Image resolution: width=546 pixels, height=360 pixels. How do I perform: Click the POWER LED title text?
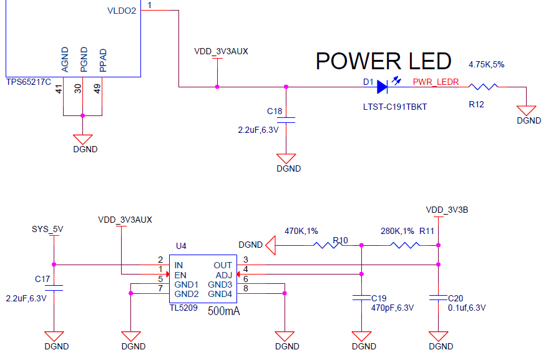coord(383,61)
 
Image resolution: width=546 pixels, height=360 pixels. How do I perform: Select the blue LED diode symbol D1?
coord(383,87)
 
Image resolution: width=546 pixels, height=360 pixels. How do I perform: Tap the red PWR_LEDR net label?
coord(436,81)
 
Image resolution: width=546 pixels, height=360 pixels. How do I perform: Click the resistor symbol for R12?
coord(484,87)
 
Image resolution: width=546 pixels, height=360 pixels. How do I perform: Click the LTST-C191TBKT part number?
coord(394,107)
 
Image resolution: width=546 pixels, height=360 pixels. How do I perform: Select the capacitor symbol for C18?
coord(286,119)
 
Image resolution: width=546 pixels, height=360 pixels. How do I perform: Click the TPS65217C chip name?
coord(28,82)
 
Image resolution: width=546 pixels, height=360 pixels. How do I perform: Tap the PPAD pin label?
coord(104,61)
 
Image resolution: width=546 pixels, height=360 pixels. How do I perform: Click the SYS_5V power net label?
coord(47,229)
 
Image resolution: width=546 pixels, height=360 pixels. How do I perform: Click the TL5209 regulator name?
coord(183,308)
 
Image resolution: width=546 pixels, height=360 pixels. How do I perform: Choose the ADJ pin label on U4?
coord(223,275)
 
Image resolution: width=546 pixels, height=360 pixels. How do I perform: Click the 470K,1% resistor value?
coord(301,231)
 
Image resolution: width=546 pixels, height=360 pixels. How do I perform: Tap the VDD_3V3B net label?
coord(447,210)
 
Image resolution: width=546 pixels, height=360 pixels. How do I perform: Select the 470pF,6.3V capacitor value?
coord(392,308)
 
